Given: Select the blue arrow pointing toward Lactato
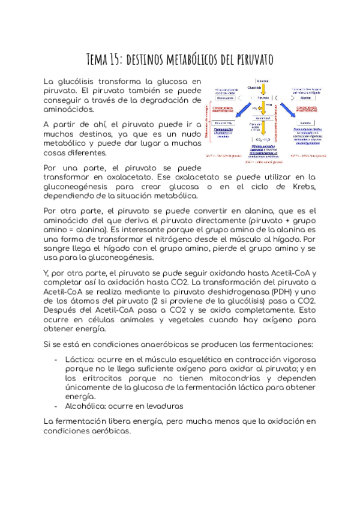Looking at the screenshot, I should [290, 112].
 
